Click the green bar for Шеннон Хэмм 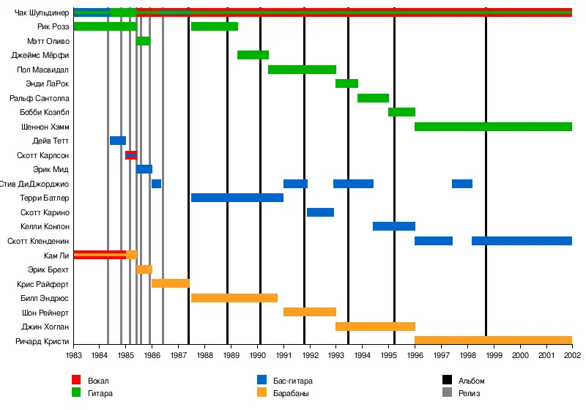493,127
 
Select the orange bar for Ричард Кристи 493,340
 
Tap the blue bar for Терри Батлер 237,198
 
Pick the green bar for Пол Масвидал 302,70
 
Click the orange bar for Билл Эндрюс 234,298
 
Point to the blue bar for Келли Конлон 394,226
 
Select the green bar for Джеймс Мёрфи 253,55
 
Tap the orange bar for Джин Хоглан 375,327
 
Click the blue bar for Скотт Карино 320,212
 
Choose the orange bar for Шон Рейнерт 309,312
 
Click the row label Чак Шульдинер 42,12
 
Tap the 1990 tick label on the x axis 258,355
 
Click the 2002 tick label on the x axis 571,355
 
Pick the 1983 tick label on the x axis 74,355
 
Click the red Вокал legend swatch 76,381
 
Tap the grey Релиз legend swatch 446,393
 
